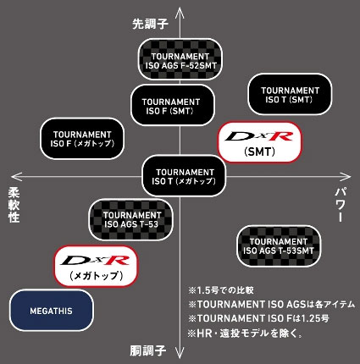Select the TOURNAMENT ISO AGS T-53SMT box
pyautogui.click(x=280, y=244)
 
